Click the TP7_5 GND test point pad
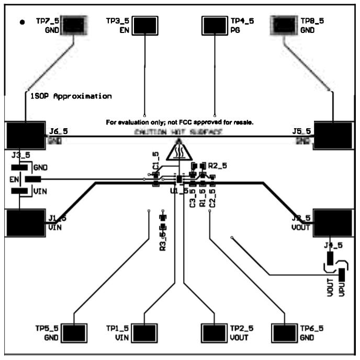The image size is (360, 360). pyautogui.click(x=74, y=25)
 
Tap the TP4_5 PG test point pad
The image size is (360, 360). pyautogui.click(x=215, y=25)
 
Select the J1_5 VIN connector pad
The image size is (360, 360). pyautogui.click(x=25, y=224)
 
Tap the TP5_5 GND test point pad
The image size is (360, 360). pyautogui.click(x=74, y=333)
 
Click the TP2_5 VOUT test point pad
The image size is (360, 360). pyautogui.click(x=215, y=333)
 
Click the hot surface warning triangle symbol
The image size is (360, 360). pyautogui.click(x=179, y=152)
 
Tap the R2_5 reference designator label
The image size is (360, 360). pyautogui.click(x=217, y=165)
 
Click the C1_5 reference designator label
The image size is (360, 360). pyautogui.click(x=155, y=160)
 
